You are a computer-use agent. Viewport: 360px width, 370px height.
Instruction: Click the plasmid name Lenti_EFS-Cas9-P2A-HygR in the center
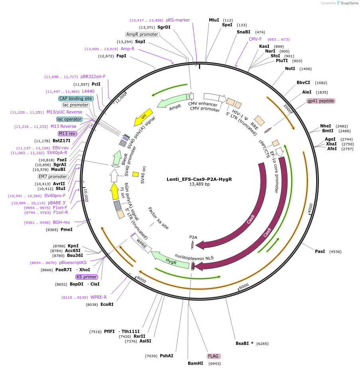(199, 179)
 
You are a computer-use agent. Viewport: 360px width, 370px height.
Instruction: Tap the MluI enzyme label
(214, 20)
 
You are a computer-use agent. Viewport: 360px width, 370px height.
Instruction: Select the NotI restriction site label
(290, 69)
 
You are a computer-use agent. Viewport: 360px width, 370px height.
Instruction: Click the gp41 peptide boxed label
(321, 101)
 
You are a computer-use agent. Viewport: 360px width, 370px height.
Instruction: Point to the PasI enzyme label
(320, 251)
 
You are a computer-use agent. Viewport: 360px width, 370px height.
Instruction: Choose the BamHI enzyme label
(195, 363)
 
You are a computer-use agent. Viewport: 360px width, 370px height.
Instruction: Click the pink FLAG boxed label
(213, 356)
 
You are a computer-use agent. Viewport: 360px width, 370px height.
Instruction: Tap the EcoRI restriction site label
(107, 304)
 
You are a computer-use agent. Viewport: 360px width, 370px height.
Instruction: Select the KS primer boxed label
(87, 277)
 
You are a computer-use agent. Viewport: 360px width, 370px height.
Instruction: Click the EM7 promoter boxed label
(53, 176)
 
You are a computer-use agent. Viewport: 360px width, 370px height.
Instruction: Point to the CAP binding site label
(76, 98)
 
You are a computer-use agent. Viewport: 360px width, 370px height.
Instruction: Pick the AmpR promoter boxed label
(142, 34)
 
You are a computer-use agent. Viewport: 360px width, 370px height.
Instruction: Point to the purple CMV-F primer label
(255, 39)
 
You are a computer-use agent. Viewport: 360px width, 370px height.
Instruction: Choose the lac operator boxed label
(69, 119)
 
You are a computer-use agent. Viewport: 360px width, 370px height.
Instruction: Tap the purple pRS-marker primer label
(178, 20)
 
